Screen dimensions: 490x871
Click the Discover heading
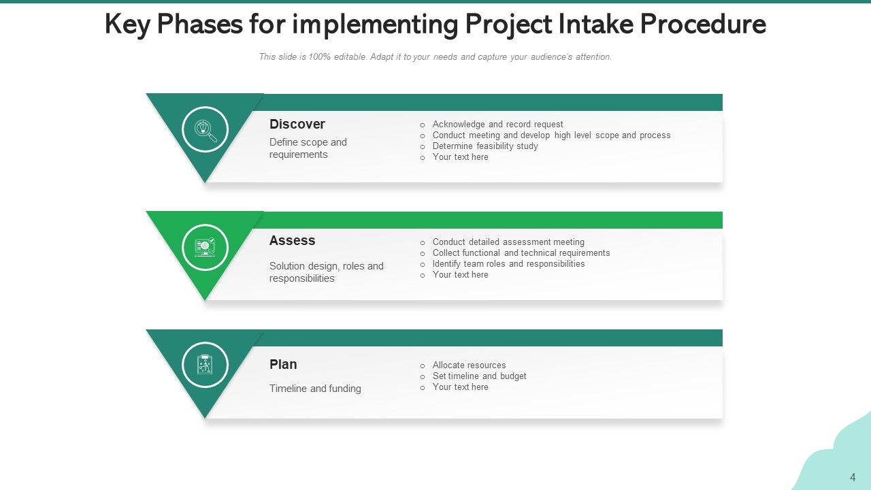pos(297,124)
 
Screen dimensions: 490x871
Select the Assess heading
pos(292,240)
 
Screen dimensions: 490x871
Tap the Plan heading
pos(283,364)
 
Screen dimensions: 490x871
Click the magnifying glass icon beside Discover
pos(206,129)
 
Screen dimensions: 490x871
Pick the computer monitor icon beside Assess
pos(206,247)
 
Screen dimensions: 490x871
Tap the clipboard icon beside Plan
pos(205,365)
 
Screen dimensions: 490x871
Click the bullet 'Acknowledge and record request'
pos(497,125)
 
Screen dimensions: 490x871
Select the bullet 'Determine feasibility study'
pos(485,146)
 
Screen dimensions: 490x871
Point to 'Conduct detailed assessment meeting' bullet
pos(508,242)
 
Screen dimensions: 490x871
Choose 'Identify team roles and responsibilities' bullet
pos(508,264)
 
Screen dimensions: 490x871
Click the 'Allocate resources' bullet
pos(469,365)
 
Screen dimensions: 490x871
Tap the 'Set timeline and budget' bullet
pos(479,376)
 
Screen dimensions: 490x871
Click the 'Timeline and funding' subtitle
pos(315,389)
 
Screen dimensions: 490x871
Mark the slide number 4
pos(853,477)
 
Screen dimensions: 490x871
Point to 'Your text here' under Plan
pos(460,387)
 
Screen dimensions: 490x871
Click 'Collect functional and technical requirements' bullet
pos(521,253)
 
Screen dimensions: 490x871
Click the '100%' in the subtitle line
pos(320,57)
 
